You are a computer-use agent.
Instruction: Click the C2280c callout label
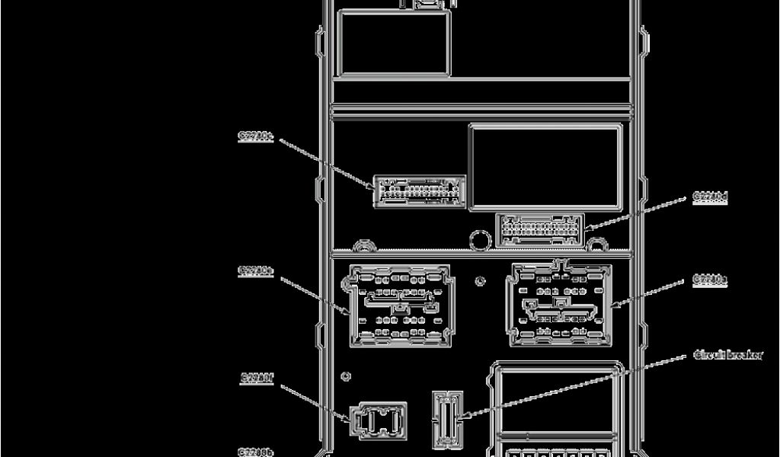coord(255,137)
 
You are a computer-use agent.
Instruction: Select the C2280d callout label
coord(710,197)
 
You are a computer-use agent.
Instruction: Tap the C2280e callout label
coord(255,270)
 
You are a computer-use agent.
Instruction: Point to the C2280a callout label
coord(710,280)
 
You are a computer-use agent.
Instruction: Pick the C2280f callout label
coord(257,376)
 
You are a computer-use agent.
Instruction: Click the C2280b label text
coord(256,452)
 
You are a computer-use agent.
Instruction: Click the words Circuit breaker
coord(727,355)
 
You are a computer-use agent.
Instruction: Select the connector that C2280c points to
coord(419,191)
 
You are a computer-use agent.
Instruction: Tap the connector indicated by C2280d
coord(540,229)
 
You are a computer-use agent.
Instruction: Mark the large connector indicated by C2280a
coord(560,303)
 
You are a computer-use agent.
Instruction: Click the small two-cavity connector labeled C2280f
coord(378,420)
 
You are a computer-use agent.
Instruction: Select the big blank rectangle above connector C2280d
coord(545,168)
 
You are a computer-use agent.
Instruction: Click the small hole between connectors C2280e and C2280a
coord(480,281)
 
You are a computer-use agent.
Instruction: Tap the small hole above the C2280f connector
coord(347,376)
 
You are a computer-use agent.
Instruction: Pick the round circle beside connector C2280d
coord(480,241)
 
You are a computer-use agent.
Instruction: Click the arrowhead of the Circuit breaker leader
coord(462,417)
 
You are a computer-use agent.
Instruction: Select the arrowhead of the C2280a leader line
coord(613,307)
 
